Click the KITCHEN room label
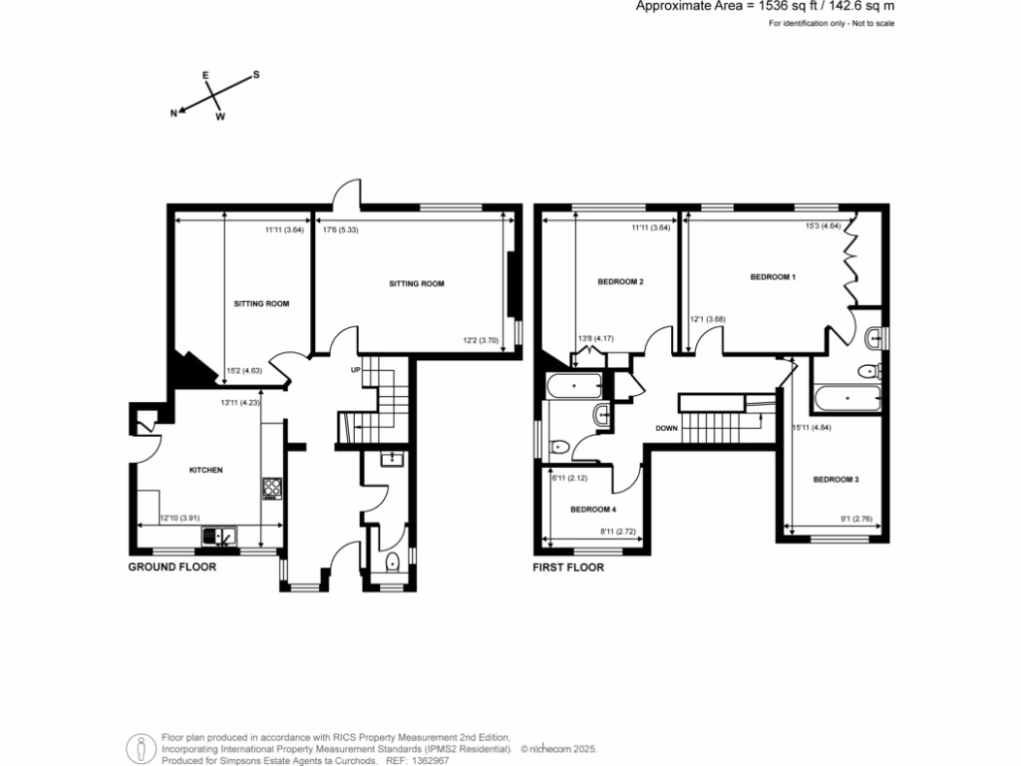click(x=206, y=470)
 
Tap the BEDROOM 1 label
click(x=773, y=276)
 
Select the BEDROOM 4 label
click(x=593, y=509)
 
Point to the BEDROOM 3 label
click(x=836, y=480)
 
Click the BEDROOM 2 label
click(x=620, y=282)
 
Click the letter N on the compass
click(x=173, y=114)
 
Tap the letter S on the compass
click(x=255, y=75)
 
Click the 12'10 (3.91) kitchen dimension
click(x=180, y=519)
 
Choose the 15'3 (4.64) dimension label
click(x=825, y=225)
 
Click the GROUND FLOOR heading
click(x=171, y=568)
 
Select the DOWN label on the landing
click(x=667, y=429)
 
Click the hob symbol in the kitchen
click(x=271, y=488)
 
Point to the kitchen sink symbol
click(x=219, y=537)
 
